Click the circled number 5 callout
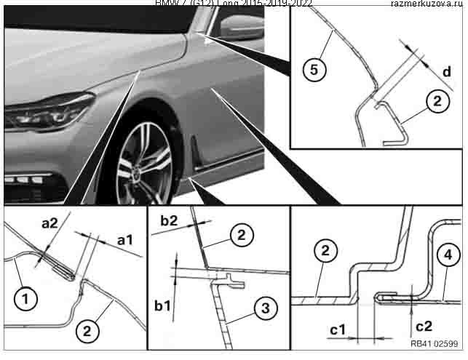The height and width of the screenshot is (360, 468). coord(313,70)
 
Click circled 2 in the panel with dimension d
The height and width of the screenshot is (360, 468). coord(435,103)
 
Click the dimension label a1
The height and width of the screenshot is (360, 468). coord(125,239)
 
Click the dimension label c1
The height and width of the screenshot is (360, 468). coord(337,331)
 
